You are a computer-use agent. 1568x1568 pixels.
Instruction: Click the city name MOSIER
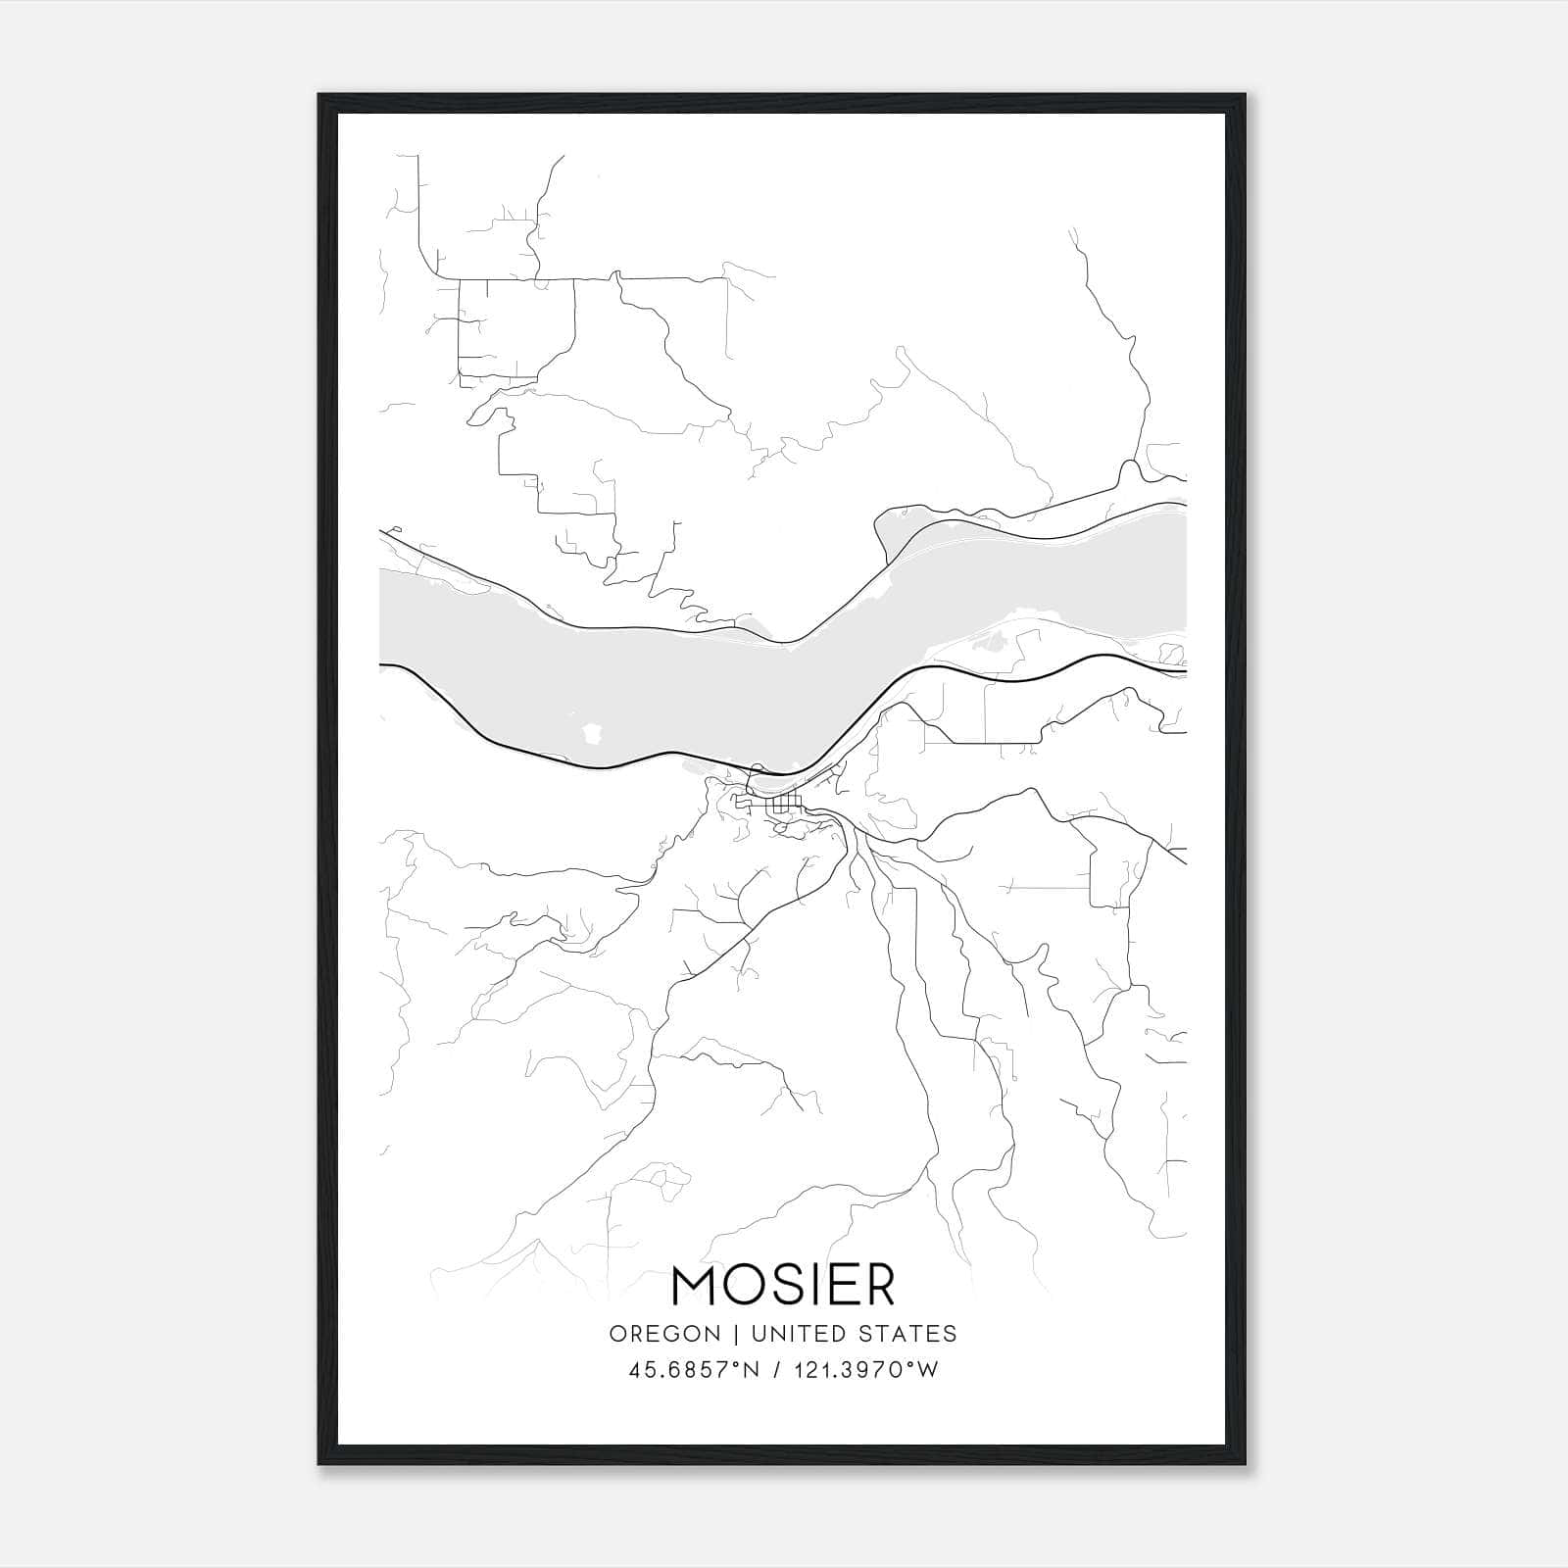tap(783, 1286)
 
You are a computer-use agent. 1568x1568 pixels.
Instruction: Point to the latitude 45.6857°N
tap(695, 1370)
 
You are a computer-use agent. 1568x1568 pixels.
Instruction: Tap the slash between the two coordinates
tap(777, 1370)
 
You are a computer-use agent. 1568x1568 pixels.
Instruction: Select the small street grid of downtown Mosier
tap(784, 806)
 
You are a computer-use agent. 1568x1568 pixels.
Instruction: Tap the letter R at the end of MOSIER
tap(877, 1286)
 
